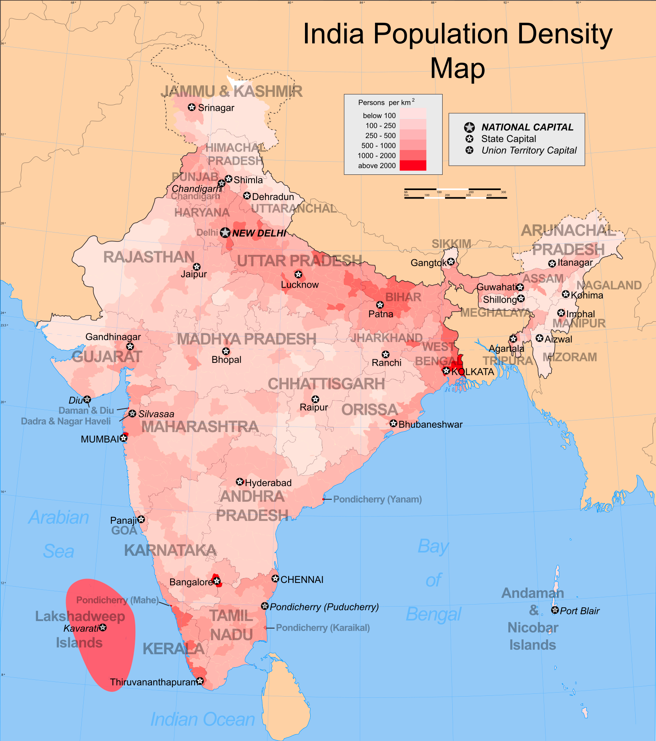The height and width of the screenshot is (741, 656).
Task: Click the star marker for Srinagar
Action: [x=192, y=107]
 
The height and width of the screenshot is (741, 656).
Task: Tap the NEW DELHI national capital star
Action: [x=225, y=232]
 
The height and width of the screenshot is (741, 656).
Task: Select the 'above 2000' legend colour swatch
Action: [x=413, y=165]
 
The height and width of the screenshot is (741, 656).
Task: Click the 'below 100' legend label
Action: [x=379, y=116]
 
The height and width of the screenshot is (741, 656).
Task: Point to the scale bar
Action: [x=455, y=193]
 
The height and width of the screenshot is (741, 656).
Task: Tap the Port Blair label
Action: [x=580, y=611]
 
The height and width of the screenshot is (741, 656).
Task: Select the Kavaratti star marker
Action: [x=103, y=627]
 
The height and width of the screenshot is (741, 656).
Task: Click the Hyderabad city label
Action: [x=268, y=483]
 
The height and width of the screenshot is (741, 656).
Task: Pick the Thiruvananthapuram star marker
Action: [x=200, y=681]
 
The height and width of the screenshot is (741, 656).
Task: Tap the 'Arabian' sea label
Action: [x=59, y=517]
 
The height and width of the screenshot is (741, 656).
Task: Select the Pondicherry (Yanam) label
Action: [x=377, y=499]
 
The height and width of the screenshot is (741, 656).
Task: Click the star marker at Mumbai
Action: [x=124, y=438]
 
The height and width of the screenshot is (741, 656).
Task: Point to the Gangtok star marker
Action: [x=451, y=261]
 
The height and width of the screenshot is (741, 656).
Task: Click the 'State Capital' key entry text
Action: [x=508, y=139]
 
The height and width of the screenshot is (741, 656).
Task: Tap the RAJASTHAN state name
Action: [x=149, y=257]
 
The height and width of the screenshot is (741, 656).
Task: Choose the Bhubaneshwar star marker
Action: [x=393, y=423]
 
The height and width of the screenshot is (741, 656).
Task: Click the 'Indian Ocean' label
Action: [x=203, y=719]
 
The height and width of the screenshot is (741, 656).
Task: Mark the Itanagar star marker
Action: [x=552, y=263]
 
